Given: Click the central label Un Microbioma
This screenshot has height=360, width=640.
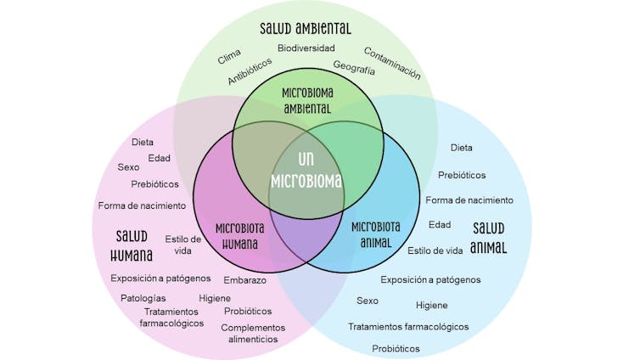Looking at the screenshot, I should [306, 170].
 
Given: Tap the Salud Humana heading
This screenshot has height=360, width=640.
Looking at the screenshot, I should [132, 245].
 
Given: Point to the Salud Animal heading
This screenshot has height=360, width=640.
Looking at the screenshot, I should [489, 238].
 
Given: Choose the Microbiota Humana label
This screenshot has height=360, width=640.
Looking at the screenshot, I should [239, 235].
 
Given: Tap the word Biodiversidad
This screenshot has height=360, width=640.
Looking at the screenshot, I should [306, 48].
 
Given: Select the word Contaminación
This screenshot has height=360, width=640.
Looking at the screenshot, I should [392, 63].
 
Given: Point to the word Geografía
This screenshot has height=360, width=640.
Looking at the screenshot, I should [354, 68].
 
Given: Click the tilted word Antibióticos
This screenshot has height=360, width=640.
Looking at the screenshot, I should [250, 71].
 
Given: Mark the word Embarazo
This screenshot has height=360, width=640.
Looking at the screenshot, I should [245, 280].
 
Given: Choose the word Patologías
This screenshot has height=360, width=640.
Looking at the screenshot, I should [143, 298].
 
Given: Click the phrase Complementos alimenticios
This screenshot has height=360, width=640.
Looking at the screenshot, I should [252, 333].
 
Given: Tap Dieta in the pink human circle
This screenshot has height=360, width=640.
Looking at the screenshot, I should [143, 142].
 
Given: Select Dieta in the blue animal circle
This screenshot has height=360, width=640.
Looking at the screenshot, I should [462, 148].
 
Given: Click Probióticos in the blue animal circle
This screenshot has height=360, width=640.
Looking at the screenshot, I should [396, 348].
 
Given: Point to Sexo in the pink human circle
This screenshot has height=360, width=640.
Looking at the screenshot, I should [128, 166].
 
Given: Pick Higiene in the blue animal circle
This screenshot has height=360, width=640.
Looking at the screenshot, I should [431, 305].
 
